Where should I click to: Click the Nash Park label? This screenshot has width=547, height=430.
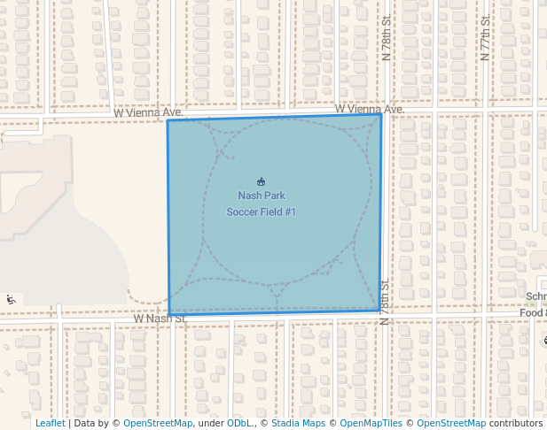[x=261, y=196]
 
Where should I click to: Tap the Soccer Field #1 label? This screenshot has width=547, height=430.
[x=261, y=211]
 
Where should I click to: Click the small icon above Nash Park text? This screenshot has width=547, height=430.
[x=261, y=180]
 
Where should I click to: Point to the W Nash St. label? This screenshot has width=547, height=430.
[x=160, y=318]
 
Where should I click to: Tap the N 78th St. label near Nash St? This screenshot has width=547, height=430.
[x=385, y=302]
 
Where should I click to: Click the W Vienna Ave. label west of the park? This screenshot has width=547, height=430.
[x=148, y=113]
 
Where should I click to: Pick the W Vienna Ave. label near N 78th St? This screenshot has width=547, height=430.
[x=369, y=109]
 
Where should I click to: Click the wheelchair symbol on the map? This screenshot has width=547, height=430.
[x=11, y=299]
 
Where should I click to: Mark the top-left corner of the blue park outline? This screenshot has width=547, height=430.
[x=168, y=120]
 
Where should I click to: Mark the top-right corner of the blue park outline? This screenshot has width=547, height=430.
[x=381, y=114]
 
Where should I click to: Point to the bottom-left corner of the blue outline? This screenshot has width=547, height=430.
[x=168, y=314]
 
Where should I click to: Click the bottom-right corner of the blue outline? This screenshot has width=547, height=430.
[x=381, y=311]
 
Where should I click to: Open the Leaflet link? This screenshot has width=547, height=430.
[x=50, y=423]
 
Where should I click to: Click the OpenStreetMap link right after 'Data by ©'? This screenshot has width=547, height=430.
[x=158, y=423]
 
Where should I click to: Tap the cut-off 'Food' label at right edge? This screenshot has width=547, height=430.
[x=533, y=312]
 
